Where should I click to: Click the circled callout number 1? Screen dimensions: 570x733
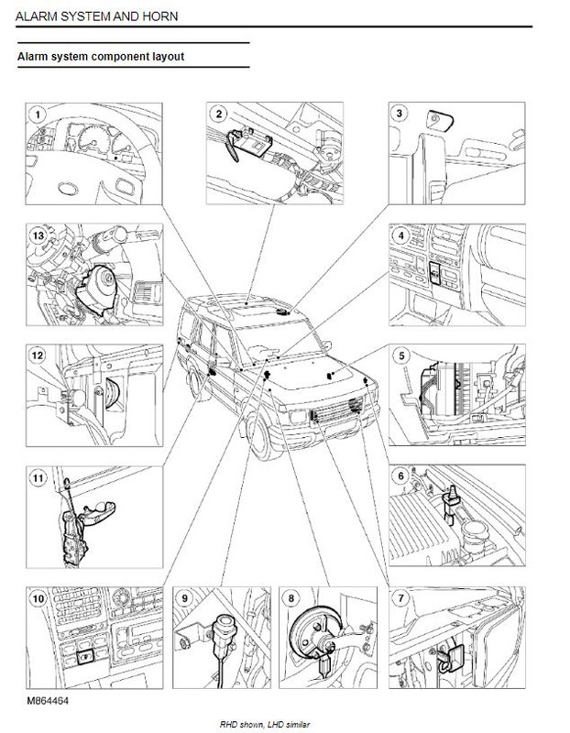pyautogui.click(x=38, y=114)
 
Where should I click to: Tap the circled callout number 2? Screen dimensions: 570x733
pyautogui.click(x=219, y=114)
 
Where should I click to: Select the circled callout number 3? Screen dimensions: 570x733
pyautogui.click(x=399, y=113)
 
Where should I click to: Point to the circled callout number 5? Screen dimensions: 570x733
pyautogui.click(x=401, y=356)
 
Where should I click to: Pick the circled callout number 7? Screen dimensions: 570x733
pyautogui.click(x=400, y=598)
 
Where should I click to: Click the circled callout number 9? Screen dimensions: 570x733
pyautogui.click(x=185, y=598)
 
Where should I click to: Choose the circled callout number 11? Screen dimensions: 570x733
pyautogui.click(x=38, y=477)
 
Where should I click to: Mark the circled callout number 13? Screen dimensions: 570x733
pyautogui.click(x=38, y=235)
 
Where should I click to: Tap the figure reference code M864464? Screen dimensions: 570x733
pyautogui.click(x=49, y=701)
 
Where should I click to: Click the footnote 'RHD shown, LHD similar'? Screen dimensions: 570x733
pyautogui.click(x=265, y=725)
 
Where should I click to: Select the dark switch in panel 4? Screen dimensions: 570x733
pyautogui.click(x=435, y=272)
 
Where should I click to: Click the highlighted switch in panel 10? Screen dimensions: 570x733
pyautogui.click(x=85, y=657)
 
